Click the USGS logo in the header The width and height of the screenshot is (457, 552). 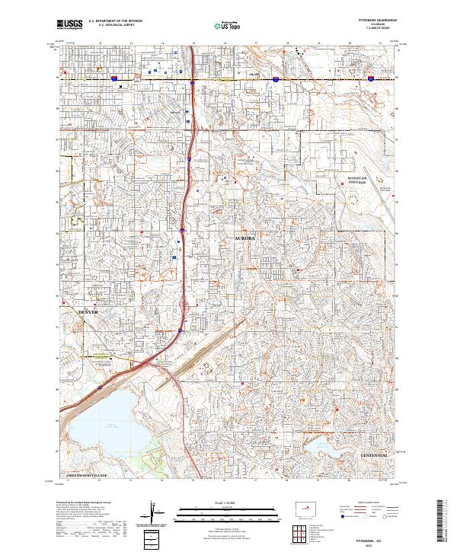tap(68, 24)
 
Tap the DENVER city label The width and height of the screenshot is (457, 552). tap(89, 312)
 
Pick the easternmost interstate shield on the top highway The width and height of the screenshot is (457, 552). tap(370, 78)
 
